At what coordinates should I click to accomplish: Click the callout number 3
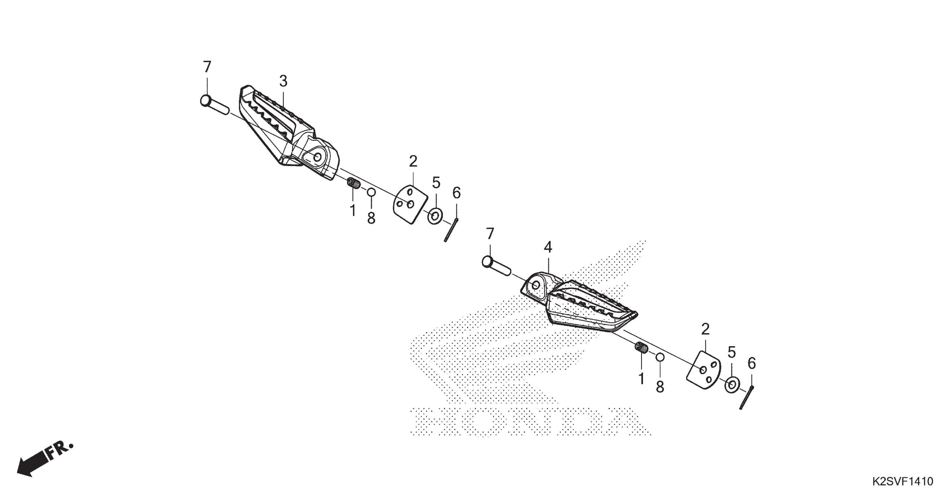pos(283,81)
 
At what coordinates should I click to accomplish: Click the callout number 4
pos(548,247)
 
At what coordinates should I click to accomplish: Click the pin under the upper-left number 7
pos(215,105)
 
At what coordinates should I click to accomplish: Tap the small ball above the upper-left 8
pos(371,192)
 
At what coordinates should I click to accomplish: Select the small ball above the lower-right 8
pos(660,357)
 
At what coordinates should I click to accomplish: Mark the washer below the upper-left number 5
pos(435,216)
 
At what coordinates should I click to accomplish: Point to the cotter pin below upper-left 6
pos(451,230)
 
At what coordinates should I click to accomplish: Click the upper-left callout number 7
pos(207,67)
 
